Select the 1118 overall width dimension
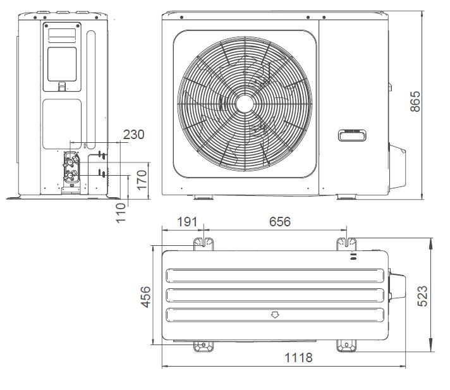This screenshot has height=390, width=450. [x=298, y=358]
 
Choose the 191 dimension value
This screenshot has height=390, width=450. [x=187, y=222]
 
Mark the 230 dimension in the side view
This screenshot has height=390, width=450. [x=133, y=134]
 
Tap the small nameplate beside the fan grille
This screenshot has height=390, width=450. [x=350, y=135]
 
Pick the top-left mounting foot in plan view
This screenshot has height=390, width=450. [x=203, y=243]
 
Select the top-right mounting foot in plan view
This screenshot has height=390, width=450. [x=347, y=243]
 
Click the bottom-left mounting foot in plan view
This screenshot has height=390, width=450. [x=203, y=346]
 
